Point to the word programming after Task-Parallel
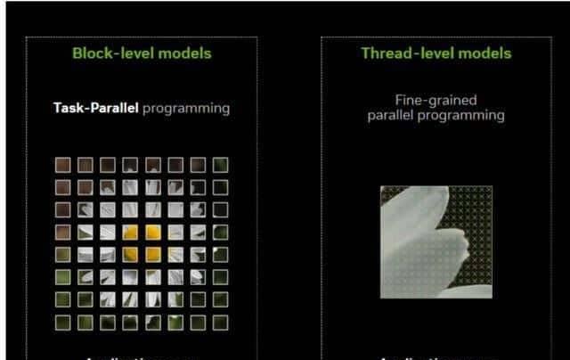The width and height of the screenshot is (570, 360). [186, 109]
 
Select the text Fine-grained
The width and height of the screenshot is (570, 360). [436, 101]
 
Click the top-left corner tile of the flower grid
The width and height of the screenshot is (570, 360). [63, 165]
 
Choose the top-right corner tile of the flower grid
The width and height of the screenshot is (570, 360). [219, 165]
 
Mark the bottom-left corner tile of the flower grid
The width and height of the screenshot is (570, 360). [63, 322]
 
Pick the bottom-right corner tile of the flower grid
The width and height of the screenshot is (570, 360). [219, 322]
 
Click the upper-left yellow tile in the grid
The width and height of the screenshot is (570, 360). [130, 232]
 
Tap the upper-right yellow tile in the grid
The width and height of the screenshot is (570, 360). [152, 232]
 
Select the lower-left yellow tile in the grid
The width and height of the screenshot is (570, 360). [130, 255]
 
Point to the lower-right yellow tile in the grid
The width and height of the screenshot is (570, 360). [152, 255]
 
